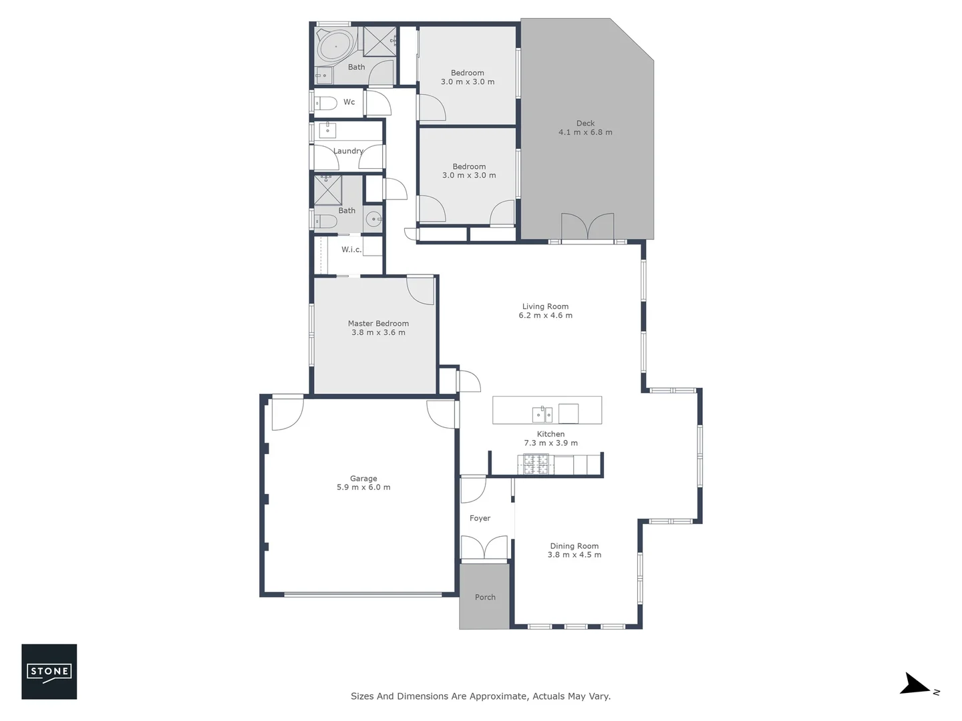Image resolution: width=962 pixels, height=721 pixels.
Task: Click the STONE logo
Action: click(49, 672)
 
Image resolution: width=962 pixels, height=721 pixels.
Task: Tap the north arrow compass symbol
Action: click(916, 685)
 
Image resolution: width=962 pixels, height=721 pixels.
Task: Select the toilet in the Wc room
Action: click(327, 103)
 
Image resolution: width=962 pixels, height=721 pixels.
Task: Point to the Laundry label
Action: click(348, 151)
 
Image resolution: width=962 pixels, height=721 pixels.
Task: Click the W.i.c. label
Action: click(351, 250)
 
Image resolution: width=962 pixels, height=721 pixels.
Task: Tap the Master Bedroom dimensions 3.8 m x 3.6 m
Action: click(378, 332)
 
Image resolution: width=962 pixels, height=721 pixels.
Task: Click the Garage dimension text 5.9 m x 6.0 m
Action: click(363, 487)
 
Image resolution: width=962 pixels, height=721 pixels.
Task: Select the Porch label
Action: click(485, 597)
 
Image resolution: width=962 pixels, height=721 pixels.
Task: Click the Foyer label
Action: click(480, 518)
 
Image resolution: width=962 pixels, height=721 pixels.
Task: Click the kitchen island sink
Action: click(542, 415)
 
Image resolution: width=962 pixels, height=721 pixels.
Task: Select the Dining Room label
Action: click(574, 546)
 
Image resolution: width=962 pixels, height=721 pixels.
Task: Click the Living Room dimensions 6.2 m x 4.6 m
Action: click(545, 316)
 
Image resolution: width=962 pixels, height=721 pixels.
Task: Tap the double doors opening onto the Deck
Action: click(587, 227)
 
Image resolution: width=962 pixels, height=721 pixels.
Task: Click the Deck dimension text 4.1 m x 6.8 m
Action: click(585, 132)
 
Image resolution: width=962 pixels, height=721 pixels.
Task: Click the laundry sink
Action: click(327, 130)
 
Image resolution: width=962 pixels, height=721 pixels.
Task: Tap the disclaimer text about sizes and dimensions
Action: click(480, 696)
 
